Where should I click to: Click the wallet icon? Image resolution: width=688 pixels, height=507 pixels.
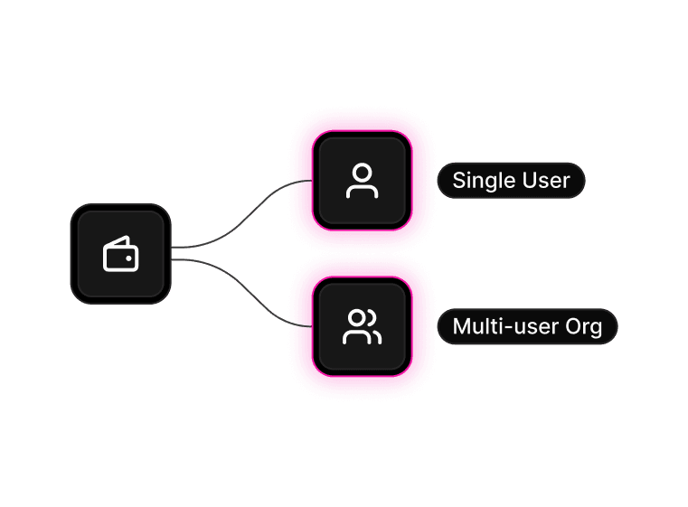coord(120,254)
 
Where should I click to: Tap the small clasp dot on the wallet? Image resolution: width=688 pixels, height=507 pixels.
coord(129,258)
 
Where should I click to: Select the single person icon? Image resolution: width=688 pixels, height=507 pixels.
coord(362,181)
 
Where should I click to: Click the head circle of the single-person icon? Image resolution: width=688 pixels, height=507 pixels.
coord(362,172)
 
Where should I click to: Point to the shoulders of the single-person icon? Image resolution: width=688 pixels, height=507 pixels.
coord(362,191)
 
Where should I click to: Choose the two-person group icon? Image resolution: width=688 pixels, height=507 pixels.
coord(362,326)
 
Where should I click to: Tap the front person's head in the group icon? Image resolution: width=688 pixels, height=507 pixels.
coord(358,317)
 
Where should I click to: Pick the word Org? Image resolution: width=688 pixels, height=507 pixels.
coord(584,327)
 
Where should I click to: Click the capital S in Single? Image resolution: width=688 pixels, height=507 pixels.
coord(458,181)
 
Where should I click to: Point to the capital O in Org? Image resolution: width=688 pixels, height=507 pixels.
coord(573,326)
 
